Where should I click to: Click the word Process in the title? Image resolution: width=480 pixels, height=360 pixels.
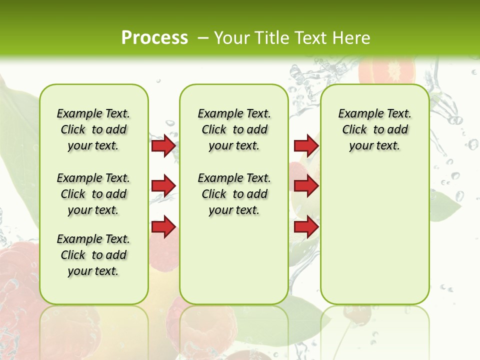click(154, 37)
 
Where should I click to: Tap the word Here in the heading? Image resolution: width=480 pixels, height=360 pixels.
click(351, 37)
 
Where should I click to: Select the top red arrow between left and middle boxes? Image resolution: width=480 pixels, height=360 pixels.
click(164, 145)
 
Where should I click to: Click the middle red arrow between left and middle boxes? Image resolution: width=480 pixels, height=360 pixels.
click(164, 186)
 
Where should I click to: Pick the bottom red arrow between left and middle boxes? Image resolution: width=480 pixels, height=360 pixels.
click(164, 226)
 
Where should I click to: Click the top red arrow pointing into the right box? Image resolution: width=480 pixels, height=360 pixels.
click(306, 145)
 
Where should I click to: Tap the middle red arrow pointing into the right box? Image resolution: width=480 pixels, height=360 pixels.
click(306, 186)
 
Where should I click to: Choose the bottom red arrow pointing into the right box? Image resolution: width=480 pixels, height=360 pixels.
click(306, 226)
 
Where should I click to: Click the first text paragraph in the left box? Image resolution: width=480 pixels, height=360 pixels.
click(93, 129)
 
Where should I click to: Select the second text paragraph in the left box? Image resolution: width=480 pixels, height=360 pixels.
click(93, 194)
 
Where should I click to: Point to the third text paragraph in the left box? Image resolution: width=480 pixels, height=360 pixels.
click(93, 255)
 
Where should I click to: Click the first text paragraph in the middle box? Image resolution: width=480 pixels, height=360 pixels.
click(234, 129)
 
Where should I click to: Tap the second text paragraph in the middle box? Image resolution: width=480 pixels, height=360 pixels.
click(234, 194)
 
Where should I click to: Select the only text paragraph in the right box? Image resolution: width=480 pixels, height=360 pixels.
click(374, 129)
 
